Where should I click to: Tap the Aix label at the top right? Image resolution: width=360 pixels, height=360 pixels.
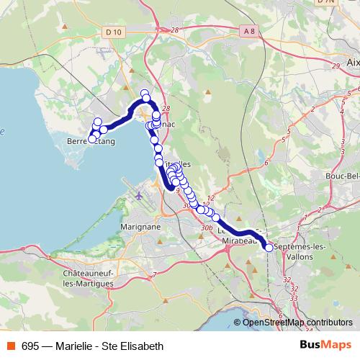(353, 63)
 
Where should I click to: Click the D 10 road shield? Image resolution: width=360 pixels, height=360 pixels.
(113, 32)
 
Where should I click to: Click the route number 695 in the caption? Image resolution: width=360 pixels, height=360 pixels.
(30, 346)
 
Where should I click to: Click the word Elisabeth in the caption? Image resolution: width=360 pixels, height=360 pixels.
(143, 346)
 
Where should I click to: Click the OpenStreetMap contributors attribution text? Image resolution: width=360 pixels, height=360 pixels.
(297, 323)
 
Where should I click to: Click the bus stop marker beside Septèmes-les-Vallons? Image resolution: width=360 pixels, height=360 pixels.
(269, 247)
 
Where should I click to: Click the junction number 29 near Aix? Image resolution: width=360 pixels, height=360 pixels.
(336, 66)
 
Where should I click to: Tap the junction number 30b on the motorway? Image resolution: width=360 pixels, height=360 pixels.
(207, 228)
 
